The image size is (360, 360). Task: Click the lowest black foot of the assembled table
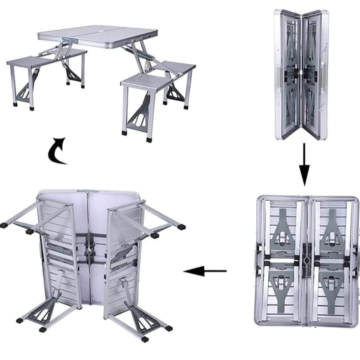pos(149,139)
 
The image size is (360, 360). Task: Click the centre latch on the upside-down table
pos(89,251)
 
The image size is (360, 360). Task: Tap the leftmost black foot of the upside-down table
pos(4,225)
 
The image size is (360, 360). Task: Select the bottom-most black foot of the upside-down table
pos(145,339)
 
